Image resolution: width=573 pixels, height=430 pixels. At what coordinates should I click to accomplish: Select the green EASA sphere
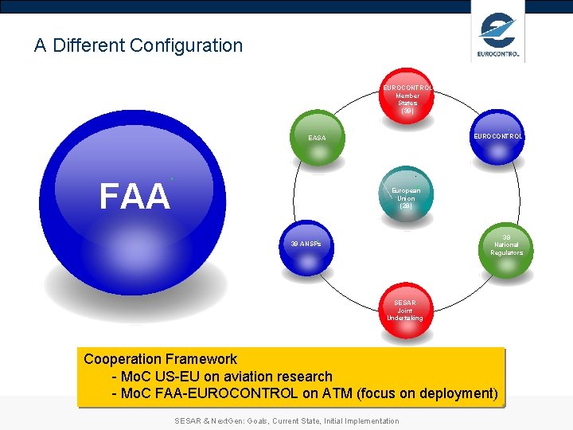tap(318, 139)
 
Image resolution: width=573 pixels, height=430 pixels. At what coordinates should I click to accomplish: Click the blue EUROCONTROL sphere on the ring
tap(497, 137)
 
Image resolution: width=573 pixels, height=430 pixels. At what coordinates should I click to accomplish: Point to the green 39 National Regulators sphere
tap(506, 245)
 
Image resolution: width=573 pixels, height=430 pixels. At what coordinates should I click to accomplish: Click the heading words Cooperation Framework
tap(161, 359)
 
